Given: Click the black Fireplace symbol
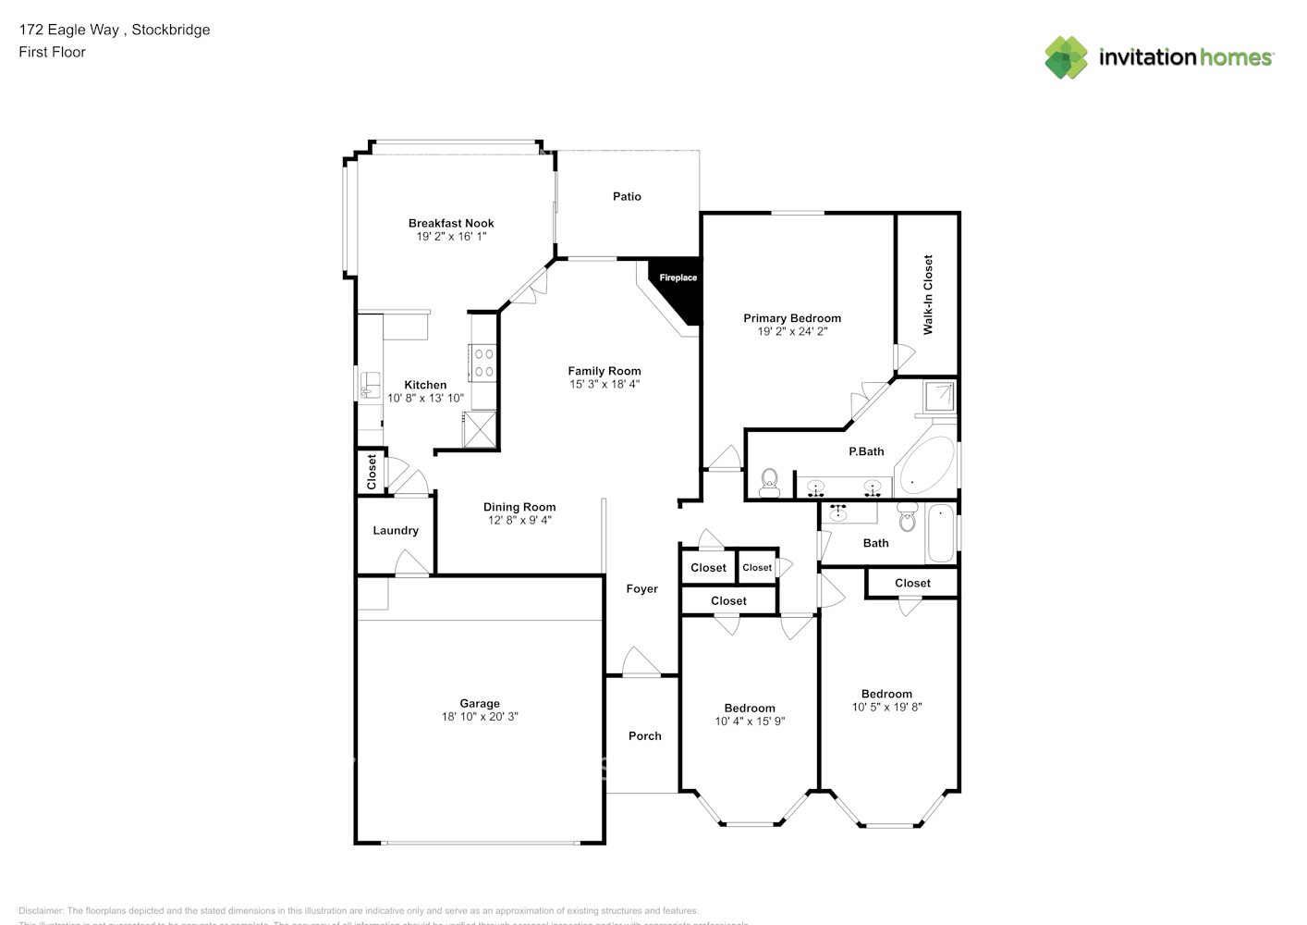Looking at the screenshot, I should (x=679, y=286).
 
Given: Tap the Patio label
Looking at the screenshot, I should (x=627, y=196).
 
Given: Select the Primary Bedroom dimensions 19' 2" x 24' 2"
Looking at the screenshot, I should (x=792, y=331).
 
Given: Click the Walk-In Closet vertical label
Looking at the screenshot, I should (x=928, y=294).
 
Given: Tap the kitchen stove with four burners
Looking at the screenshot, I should (x=483, y=363).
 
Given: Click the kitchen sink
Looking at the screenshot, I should (x=370, y=385).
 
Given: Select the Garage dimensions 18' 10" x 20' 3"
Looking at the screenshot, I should (x=480, y=717).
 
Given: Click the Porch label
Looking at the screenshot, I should (x=644, y=736).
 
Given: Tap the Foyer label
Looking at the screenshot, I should (x=641, y=588).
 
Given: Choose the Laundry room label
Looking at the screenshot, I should (x=396, y=530).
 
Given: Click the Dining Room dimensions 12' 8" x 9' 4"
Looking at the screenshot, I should (x=519, y=520).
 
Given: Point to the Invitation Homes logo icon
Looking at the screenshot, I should (x=1066, y=57).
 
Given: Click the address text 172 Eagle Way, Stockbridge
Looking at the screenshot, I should (x=115, y=30).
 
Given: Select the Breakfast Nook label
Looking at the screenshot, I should (x=451, y=223).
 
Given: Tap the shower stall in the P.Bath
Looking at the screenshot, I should (x=940, y=396).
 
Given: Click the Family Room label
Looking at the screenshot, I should (x=605, y=371).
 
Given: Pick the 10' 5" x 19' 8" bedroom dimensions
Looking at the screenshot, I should (x=886, y=707).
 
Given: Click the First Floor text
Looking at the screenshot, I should (x=52, y=52).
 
